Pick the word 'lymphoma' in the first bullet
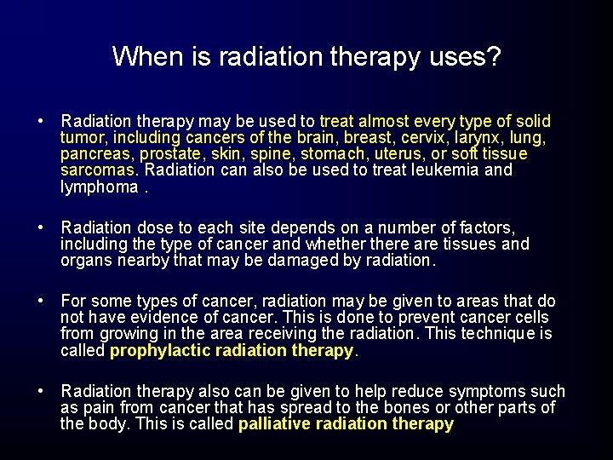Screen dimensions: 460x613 (x=98, y=187)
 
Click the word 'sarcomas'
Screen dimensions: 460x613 (x=98, y=170)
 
